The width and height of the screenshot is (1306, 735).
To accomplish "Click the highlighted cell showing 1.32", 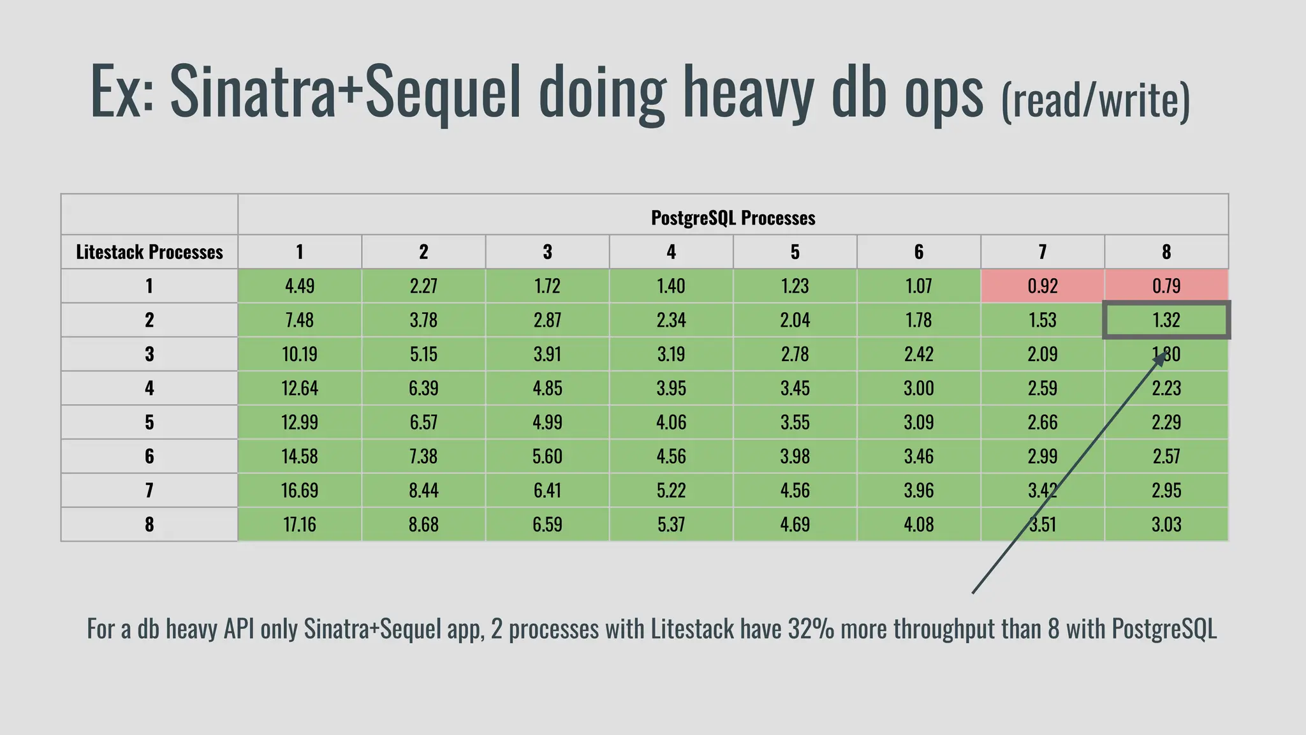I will (x=1166, y=320).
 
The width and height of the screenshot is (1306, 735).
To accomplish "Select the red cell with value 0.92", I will (x=1042, y=286).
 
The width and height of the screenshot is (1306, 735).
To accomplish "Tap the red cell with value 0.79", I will (x=1166, y=286).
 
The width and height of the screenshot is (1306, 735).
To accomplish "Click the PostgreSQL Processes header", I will (x=733, y=218).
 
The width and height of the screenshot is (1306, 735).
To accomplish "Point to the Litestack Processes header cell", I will (x=149, y=252).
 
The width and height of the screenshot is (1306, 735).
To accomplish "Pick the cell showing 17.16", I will (x=299, y=524).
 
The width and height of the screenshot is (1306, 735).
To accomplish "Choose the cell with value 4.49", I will (x=299, y=286).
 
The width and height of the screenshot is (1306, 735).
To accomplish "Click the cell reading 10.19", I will (x=299, y=354).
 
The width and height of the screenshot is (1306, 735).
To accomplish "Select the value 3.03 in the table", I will (x=1166, y=524).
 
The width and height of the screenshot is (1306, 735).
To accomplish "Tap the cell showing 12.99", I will (x=299, y=422).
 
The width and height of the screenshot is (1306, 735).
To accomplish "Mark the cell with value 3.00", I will (x=918, y=388).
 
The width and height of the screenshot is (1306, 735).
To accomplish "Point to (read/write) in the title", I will (x=1095, y=100).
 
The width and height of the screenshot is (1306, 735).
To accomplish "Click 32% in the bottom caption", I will (x=811, y=628).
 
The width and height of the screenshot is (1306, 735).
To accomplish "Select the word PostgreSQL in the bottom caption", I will (x=1164, y=628).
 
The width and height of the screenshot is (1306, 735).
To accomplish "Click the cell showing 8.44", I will (x=423, y=490).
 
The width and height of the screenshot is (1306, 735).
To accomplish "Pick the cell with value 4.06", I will (x=671, y=422).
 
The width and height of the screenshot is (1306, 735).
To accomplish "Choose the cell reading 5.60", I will (x=547, y=456).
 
